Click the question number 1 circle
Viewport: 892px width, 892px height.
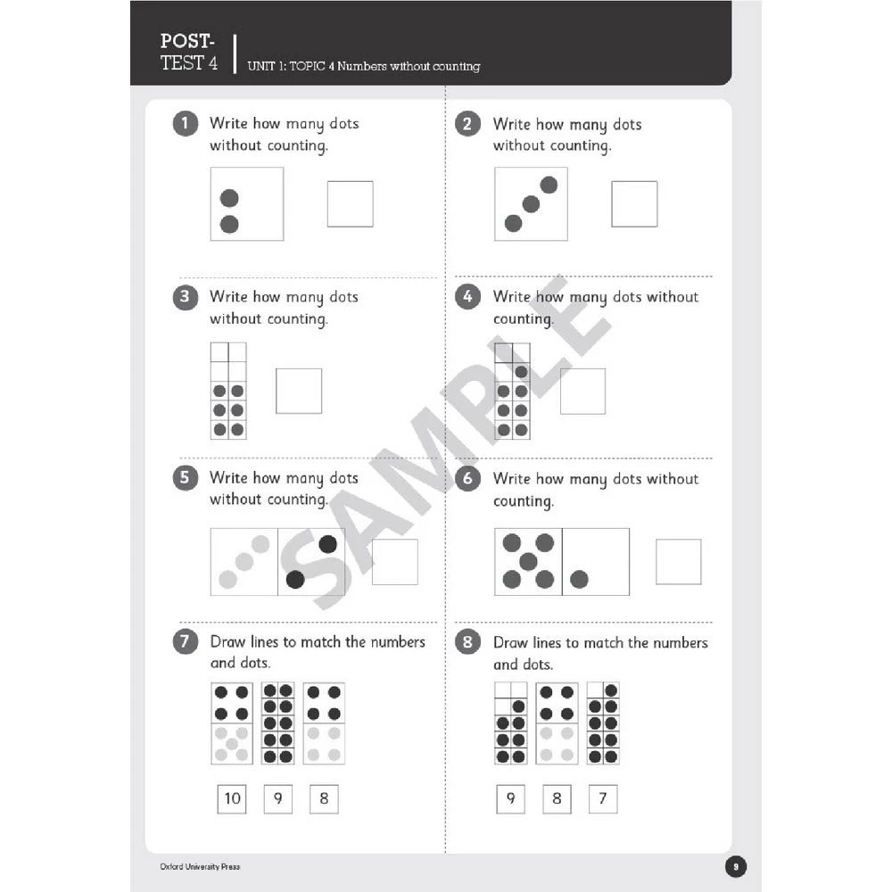tap(185, 124)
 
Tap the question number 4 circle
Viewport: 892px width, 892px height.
tap(468, 297)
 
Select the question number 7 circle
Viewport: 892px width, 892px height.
tap(185, 641)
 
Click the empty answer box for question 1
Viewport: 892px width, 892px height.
tap(350, 204)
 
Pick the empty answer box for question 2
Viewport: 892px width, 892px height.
tap(634, 204)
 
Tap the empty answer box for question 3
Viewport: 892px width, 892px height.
tap(299, 391)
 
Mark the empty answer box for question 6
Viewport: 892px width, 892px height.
tap(679, 562)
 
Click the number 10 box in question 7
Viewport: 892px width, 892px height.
tap(232, 798)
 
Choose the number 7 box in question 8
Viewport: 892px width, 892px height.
tap(602, 798)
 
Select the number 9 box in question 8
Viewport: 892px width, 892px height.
tap(510, 798)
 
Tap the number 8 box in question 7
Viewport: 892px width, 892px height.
tap(324, 798)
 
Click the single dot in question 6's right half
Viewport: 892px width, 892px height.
tap(579, 580)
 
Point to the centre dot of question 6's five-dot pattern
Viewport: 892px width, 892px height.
tap(528, 561)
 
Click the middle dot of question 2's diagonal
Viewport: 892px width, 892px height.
tap(531, 204)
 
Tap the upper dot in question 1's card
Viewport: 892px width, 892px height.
tap(229, 198)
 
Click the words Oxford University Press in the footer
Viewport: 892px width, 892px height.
tap(200, 866)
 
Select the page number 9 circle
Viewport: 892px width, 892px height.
tap(735, 866)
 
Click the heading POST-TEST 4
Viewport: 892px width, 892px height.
tap(188, 52)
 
